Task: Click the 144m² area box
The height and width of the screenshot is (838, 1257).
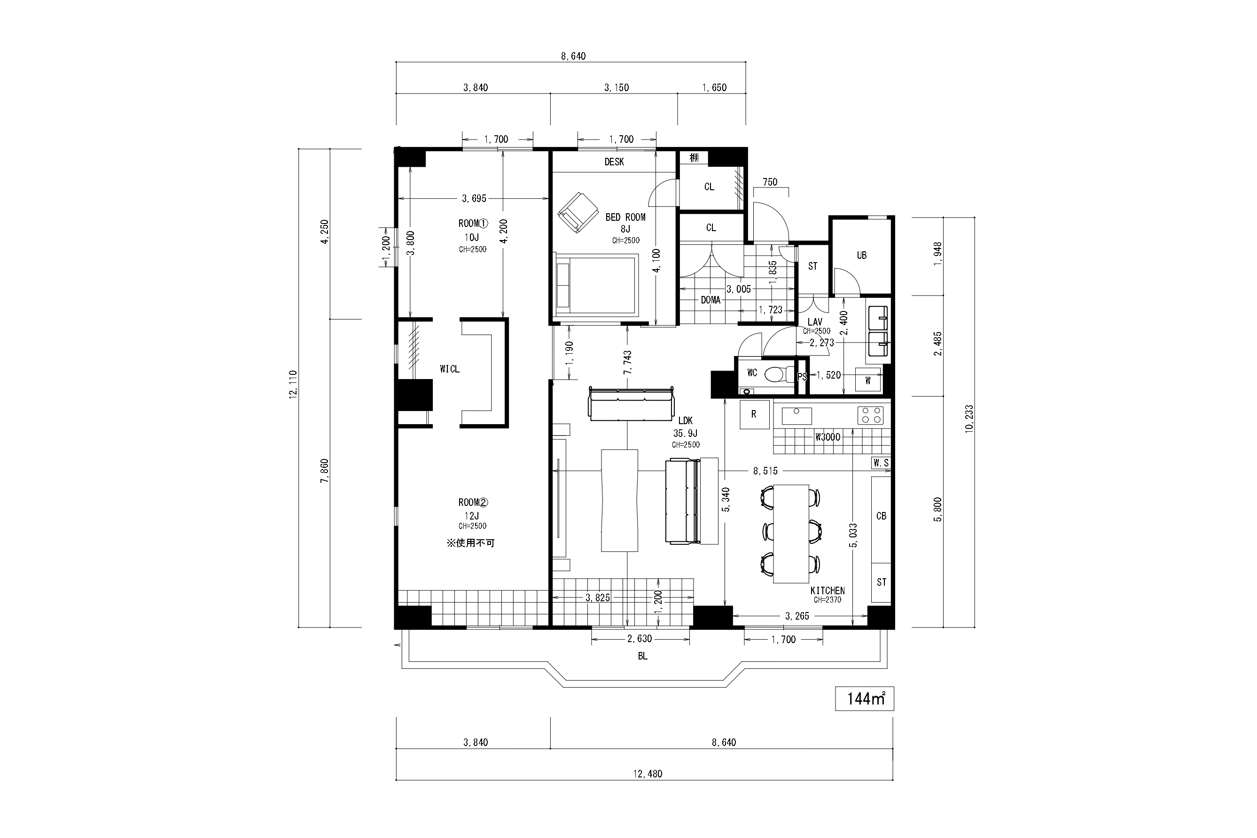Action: click(x=864, y=698)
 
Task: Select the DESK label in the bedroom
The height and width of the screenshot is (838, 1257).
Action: click(x=614, y=162)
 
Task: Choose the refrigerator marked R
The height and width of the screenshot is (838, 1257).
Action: click(x=754, y=414)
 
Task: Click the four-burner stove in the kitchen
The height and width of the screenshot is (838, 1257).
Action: click(x=870, y=415)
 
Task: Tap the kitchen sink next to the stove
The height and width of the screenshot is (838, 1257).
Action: click(x=796, y=416)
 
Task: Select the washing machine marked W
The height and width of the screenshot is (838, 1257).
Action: click(x=867, y=380)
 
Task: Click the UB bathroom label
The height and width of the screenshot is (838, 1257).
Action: click(x=861, y=256)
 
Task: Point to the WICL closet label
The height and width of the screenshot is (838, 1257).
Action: click(x=450, y=369)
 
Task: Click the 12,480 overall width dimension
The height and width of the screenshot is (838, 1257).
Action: click(x=648, y=773)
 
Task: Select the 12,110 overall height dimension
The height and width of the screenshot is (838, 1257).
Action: click(x=293, y=384)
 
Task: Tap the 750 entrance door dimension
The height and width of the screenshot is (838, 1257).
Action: click(x=770, y=182)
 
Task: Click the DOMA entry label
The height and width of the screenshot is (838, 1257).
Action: click(x=710, y=300)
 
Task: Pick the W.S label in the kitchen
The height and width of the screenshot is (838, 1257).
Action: click(x=881, y=463)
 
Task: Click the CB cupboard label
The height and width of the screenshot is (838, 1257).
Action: click(x=881, y=516)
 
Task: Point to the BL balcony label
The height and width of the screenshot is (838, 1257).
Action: click(x=643, y=656)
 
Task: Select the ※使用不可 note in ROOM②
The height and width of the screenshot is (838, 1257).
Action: click(x=470, y=543)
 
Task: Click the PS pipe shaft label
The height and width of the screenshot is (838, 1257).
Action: click(x=802, y=377)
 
